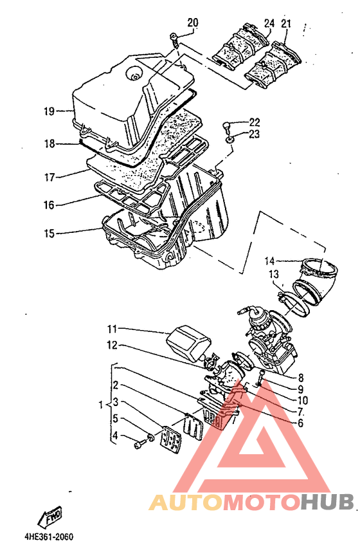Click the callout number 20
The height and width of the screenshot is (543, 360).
193,23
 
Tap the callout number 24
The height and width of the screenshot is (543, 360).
269,23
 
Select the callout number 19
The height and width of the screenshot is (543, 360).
49,111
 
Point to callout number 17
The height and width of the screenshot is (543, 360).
50,178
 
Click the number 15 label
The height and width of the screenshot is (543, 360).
49,234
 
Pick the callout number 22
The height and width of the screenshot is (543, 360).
255,122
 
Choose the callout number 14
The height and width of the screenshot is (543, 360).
269,261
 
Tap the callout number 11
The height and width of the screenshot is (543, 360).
112,329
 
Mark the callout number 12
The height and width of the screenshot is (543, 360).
112,345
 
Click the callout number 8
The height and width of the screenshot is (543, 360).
300,378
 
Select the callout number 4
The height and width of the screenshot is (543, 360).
115,435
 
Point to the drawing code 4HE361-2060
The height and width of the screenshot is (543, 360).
49,537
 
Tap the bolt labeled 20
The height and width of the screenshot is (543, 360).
174,41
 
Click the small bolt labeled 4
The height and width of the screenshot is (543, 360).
138,444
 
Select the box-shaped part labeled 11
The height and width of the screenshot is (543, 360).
188,342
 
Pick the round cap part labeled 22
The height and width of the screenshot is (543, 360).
226,127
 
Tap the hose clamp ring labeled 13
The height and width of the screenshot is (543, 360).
296,299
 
